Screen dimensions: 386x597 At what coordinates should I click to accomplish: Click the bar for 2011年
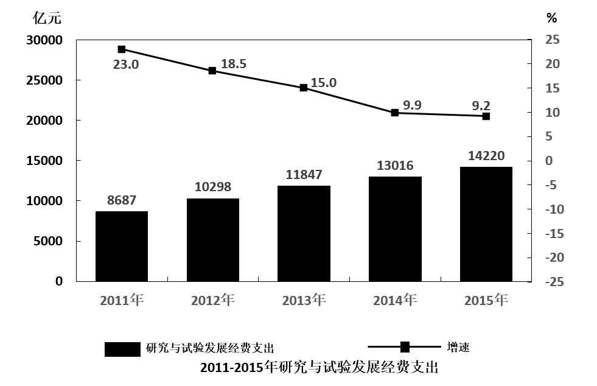click(122, 246)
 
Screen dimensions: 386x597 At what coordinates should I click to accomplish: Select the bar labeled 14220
click(486, 223)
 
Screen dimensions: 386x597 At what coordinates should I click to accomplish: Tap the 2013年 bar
click(304, 233)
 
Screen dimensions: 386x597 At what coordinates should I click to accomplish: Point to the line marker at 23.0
click(122, 49)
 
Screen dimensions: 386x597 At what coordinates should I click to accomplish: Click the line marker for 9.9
click(394, 113)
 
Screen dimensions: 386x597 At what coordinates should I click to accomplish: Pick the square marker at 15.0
click(304, 88)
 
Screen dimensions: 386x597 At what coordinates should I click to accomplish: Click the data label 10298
click(213, 187)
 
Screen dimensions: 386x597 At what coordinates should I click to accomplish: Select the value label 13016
click(394, 166)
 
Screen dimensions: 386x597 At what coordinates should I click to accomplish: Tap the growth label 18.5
click(234, 63)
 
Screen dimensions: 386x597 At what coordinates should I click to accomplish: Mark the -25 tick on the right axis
click(554, 282)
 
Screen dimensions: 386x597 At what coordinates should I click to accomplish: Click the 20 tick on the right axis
click(553, 64)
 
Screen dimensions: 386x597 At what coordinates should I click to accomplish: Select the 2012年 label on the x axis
click(212, 300)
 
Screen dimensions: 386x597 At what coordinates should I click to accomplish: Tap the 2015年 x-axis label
click(486, 300)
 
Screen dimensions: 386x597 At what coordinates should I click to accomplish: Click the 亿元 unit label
click(47, 18)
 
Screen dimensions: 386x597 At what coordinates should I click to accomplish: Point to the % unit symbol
click(551, 18)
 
